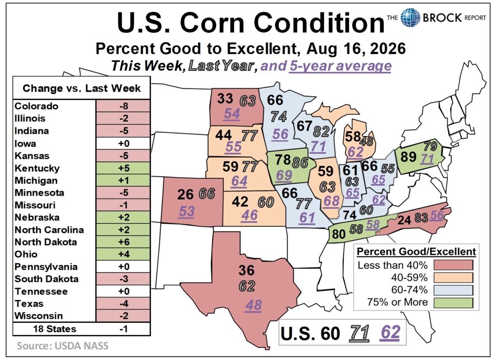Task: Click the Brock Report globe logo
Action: click(x=410, y=17)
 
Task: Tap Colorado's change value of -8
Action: click(x=124, y=106)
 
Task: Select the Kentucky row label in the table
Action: click(x=37, y=168)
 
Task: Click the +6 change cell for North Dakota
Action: click(x=124, y=242)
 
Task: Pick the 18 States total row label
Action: click(x=55, y=329)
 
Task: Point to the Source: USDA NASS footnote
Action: click(x=62, y=346)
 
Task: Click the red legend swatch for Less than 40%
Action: click(x=453, y=265)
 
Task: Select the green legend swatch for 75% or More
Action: click(x=453, y=302)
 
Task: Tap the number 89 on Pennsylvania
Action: click(x=408, y=157)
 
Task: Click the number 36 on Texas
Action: click(x=246, y=270)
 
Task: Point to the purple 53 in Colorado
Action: click(x=186, y=211)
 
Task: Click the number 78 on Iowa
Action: click(x=282, y=159)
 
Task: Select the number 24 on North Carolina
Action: click(x=405, y=219)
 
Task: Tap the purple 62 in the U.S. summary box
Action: click(x=390, y=332)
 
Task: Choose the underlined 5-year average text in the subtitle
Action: click(x=340, y=66)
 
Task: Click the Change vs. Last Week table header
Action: click(x=81, y=88)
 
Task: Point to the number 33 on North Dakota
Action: click(x=225, y=99)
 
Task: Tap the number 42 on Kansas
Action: click(x=240, y=202)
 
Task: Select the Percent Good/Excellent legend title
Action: click(x=416, y=251)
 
